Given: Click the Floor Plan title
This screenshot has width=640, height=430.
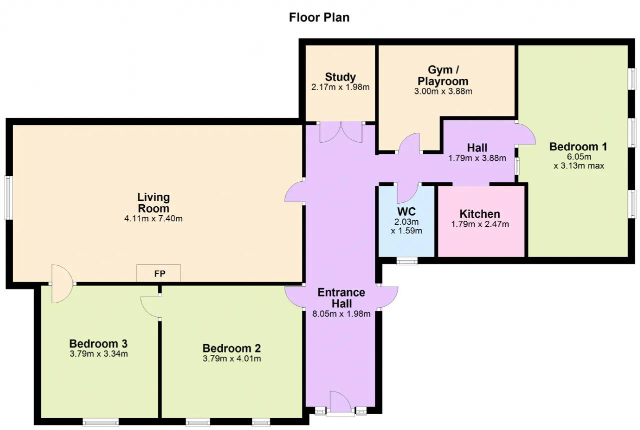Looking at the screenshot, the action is (x=319, y=17).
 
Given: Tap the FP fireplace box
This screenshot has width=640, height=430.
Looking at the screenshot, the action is (x=158, y=273).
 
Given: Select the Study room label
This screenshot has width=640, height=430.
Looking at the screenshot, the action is (x=340, y=77).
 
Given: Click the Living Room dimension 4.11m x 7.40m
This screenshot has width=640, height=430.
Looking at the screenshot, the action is (x=153, y=219).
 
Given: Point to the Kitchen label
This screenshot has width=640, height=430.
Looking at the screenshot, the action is (x=479, y=214).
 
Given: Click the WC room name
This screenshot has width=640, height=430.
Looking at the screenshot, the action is (x=406, y=212).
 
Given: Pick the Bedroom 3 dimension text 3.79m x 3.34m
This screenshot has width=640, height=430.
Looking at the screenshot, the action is (x=98, y=354).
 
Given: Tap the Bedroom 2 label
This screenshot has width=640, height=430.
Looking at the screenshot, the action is (x=231, y=349).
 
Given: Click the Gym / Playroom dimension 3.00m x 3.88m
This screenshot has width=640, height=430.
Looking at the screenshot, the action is (x=443, y=91).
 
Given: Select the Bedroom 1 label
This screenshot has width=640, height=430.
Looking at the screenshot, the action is (x=578, y=147).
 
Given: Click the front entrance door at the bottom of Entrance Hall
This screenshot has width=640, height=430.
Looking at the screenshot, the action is (x=340, y=402).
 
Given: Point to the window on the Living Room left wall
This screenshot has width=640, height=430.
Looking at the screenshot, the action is (x=8, y=198).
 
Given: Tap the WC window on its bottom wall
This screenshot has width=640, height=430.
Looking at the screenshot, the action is (x=407, y=261).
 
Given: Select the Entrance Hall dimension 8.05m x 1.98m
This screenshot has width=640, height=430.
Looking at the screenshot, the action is (x=341, y=314).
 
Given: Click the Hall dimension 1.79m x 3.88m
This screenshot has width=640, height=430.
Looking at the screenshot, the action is (x=477, y=158).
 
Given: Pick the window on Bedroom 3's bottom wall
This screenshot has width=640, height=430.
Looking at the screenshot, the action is (x=100, y=422).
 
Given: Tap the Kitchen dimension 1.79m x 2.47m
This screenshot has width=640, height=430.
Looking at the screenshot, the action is (x=480, y=224).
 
